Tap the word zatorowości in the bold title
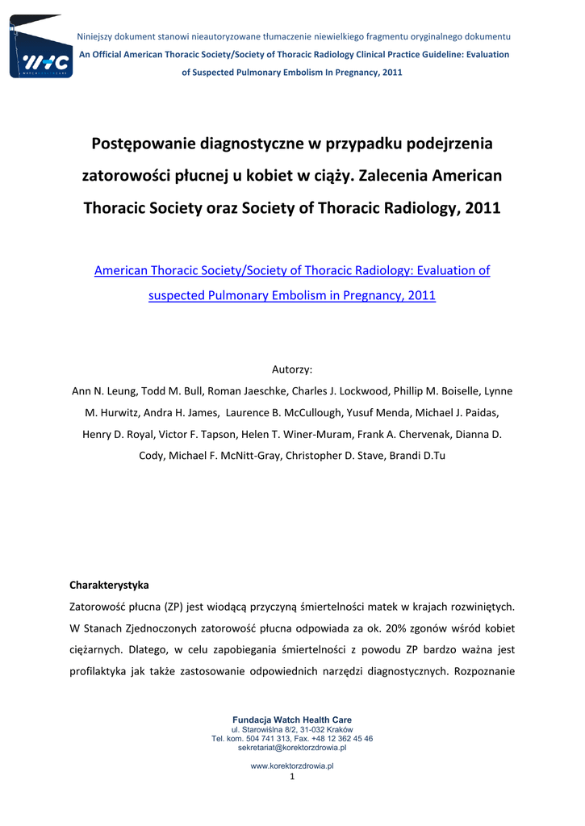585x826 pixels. point(127,175)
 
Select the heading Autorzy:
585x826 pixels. point(292,369)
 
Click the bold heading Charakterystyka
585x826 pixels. point(110,584)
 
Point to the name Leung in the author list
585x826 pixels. point(122,391)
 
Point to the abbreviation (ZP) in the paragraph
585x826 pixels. point(173,606)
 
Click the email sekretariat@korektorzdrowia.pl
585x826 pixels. point(292,748)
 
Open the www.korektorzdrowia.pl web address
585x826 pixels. point(292,766)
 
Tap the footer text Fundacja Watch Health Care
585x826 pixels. point(292,720)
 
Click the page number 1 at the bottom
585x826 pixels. point(292,776)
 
